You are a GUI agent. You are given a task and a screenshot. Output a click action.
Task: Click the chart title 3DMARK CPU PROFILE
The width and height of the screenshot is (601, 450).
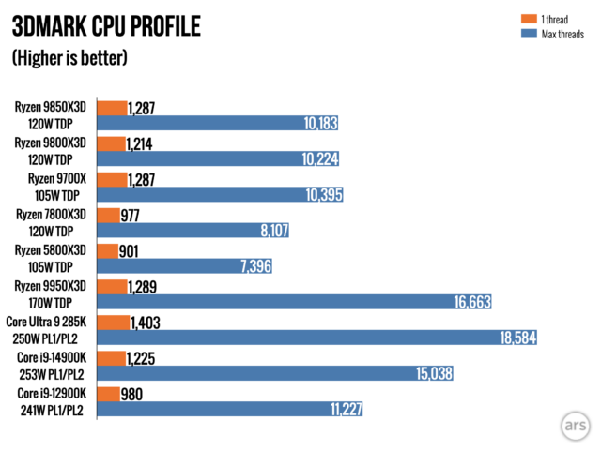point(105,26)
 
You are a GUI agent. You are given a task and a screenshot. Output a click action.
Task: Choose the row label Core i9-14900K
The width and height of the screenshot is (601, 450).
point(57,356)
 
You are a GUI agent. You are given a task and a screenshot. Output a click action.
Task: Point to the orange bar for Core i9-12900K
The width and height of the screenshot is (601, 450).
point(107,393)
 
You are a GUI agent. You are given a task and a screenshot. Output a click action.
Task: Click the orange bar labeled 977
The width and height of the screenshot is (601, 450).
point(107,215)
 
